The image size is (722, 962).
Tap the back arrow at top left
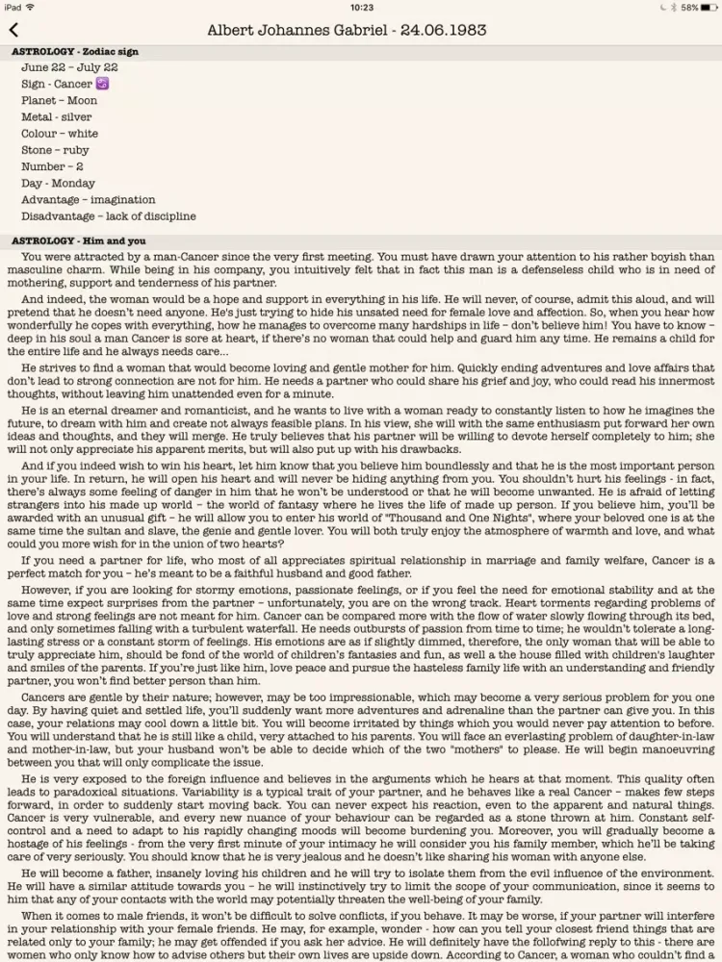[x=13, y=31]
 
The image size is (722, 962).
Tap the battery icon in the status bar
[x=709, y=7]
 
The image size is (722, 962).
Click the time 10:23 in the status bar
[x=362, y=7]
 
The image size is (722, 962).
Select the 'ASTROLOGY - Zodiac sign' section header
[x=74, y=50]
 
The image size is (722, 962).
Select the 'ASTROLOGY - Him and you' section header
[x=79, y=240]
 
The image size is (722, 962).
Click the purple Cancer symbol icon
[x=102, y=84]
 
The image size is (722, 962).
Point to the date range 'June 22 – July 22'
[x=69, y=67]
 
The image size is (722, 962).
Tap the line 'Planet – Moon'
[x=59, y=100]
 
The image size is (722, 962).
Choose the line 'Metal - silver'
[x=57, y=116]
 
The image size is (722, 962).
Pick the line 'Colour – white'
[x=60, y=134]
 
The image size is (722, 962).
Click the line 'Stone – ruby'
[x=55, y=150]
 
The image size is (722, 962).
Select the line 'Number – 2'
[x=52, y=166]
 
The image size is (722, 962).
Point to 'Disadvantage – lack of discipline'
[x=108, y=216]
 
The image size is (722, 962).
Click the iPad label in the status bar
[x=13, y=7]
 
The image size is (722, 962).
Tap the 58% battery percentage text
[x=689, y=7]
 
